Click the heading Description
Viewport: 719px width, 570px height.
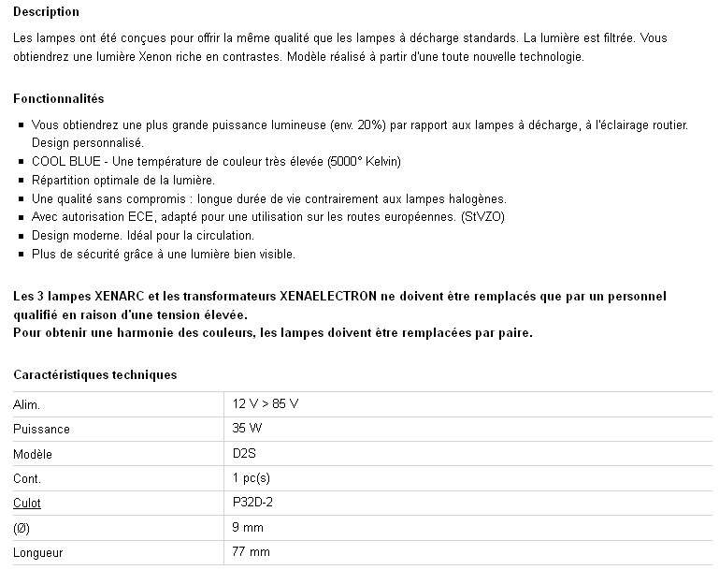[47, 12]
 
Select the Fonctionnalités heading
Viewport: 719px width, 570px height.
[59, 98]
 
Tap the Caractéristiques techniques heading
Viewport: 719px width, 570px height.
[94, 375]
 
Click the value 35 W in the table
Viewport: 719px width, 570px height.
[248, 429]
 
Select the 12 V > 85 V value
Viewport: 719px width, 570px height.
[266, 403]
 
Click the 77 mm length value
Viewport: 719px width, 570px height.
[251, 552]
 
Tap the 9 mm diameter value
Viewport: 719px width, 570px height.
[248, 528]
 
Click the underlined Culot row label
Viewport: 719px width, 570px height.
[28, 503]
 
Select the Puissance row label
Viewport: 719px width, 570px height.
[41, 429]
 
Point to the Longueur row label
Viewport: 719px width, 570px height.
[38, 552]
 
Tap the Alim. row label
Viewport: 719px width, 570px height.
[27, 403]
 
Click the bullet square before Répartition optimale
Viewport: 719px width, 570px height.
[22, 181]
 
